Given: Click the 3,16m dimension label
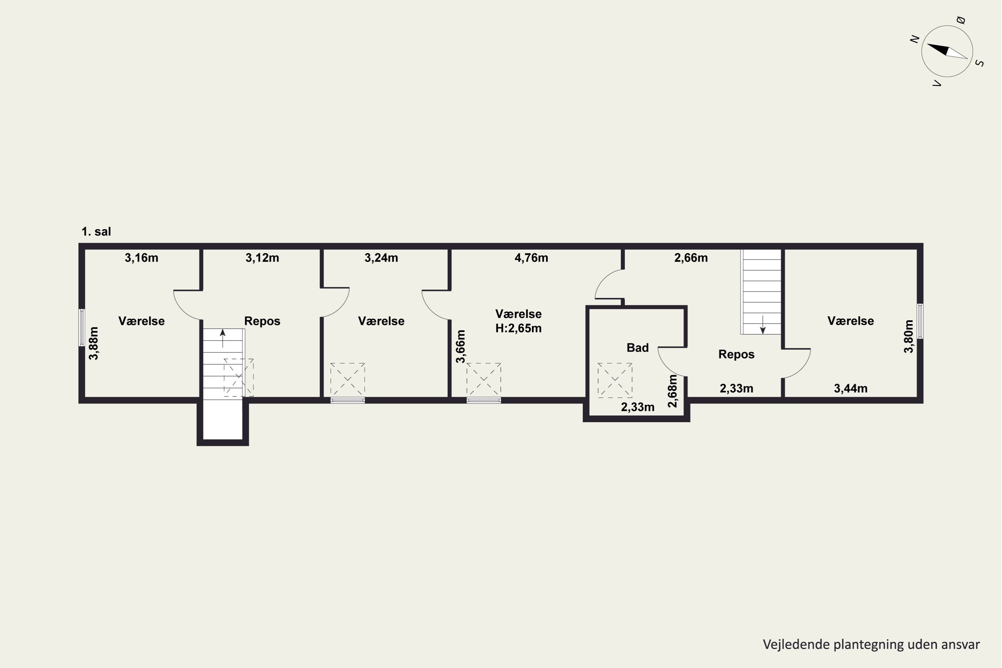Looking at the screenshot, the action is pos(141,258).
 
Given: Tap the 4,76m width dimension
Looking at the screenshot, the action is pos(531,258).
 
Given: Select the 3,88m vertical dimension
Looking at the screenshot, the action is pos(94,343).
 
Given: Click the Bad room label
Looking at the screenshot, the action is pos(638,348).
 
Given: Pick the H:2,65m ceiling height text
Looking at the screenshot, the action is pos(518,328).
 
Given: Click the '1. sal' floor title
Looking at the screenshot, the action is pos(96,232).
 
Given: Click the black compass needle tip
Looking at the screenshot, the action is pos(928,44).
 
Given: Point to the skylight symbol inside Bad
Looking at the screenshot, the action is pos(615,380).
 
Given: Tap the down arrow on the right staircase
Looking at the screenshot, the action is pos(763,324).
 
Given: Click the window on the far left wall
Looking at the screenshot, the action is pos(82,327).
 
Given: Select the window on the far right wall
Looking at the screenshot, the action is pos(920,321).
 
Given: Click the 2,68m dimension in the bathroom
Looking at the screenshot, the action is pos(672,391).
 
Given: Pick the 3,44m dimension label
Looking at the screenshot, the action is pos(851,388).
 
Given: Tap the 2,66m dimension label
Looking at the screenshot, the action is pos(691,258).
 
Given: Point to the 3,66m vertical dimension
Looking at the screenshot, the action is pos(461,346).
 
